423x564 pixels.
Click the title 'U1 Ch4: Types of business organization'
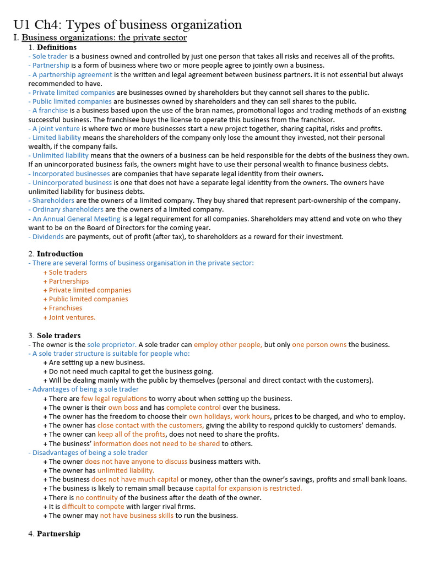click(127, 25)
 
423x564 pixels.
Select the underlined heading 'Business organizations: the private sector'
click(104, 38)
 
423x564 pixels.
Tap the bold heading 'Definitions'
click(56, 47)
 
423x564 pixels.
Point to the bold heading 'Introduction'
click(60, 254)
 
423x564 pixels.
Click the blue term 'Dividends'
click(48, 237)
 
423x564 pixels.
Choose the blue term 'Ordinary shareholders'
click(68, 210)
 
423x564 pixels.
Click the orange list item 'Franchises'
click(65, 308)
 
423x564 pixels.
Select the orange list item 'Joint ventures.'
click(72, 317)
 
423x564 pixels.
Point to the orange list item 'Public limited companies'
click(88, 299)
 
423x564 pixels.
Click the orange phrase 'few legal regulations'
click(114, 399)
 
